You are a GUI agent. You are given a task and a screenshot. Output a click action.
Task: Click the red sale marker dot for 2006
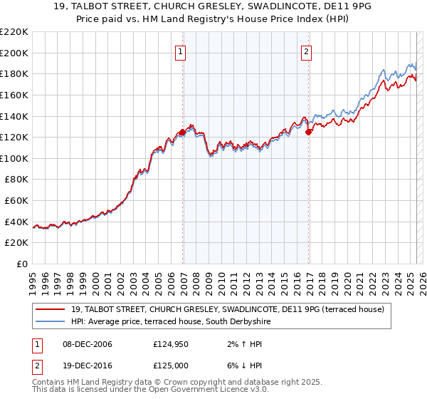(182, 132)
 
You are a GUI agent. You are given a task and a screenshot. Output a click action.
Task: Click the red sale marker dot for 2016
(308, 132)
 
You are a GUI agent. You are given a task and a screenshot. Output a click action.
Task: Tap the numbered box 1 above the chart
(181, 51)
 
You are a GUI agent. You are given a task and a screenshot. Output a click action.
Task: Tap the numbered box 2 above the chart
(306, 51)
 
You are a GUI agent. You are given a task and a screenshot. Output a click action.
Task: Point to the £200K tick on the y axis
(14, 53)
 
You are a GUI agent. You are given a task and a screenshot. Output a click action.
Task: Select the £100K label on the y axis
(14, 158)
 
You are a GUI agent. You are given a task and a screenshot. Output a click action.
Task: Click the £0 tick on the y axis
(21, 264)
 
